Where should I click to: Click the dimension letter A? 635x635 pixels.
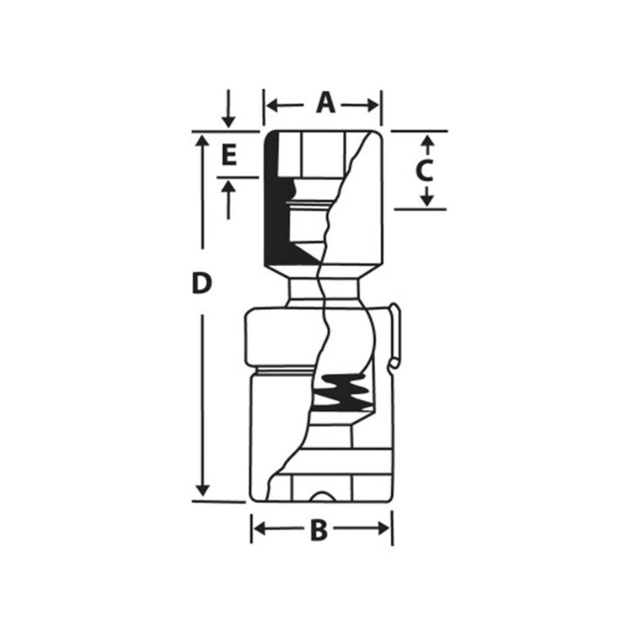pyautogui.click(x=325, y=103)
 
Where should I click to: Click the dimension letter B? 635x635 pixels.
pyautogui.click(x=318, y=530)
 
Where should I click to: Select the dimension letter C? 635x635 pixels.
pyautogui.click(x=425, y=169)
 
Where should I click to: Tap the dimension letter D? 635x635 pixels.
pyautogui.click(x=203, y=283)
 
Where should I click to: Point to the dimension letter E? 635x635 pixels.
pyautogui.click(x=229, y=155)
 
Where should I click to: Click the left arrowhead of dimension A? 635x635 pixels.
pyautogui.click(x=271, y=105)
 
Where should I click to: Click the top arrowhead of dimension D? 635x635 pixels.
pyautogui.click(x=204, y=140)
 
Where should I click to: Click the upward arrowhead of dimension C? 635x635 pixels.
pyautogui.click(x=426, y=140)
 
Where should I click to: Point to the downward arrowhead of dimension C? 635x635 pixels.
pyautogui.click(x=426, y=199)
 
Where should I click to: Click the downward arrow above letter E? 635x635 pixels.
pyautogui.click(x=229, y=119)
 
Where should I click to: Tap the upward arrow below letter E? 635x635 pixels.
pyautogui.click(x=229, y=187)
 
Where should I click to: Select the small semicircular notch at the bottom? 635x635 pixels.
pyautogui.click(x=321, y=497)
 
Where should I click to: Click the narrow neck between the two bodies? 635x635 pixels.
pyautogui.click(x=325, y=290)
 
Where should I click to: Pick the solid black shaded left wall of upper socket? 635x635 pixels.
pyautogui.click(x=274, y=206)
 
